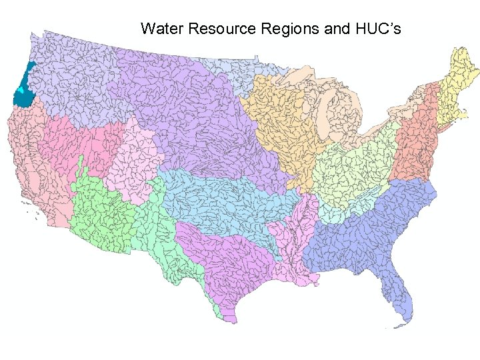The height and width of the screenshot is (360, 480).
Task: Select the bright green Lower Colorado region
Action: coord(100,213)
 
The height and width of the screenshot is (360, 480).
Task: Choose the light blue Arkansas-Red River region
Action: coord(220,200)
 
